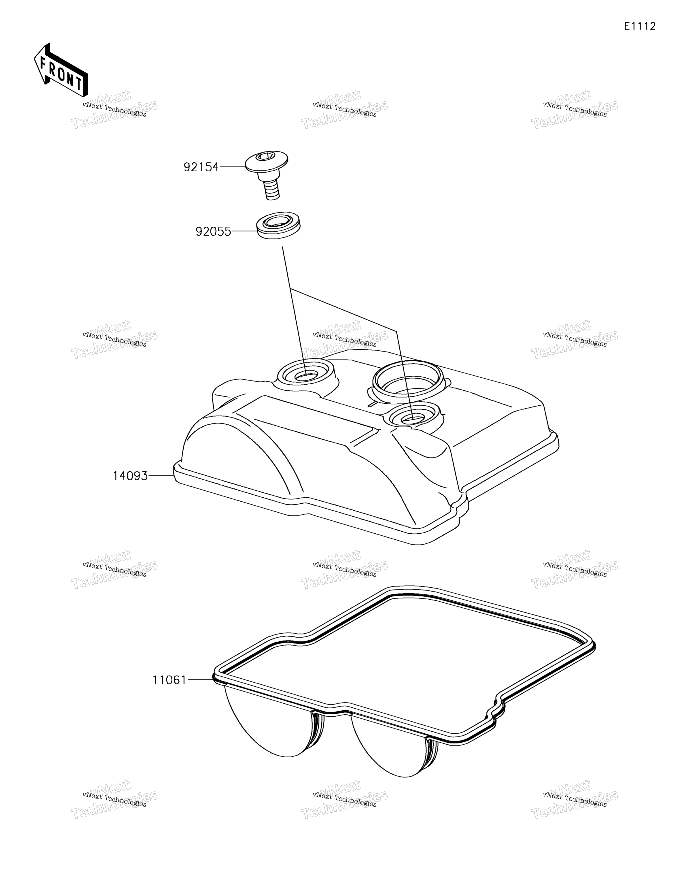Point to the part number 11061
point(169,680)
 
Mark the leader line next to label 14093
point(161,475)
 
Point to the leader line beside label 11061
point(200,679)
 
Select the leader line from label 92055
point(244,231)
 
